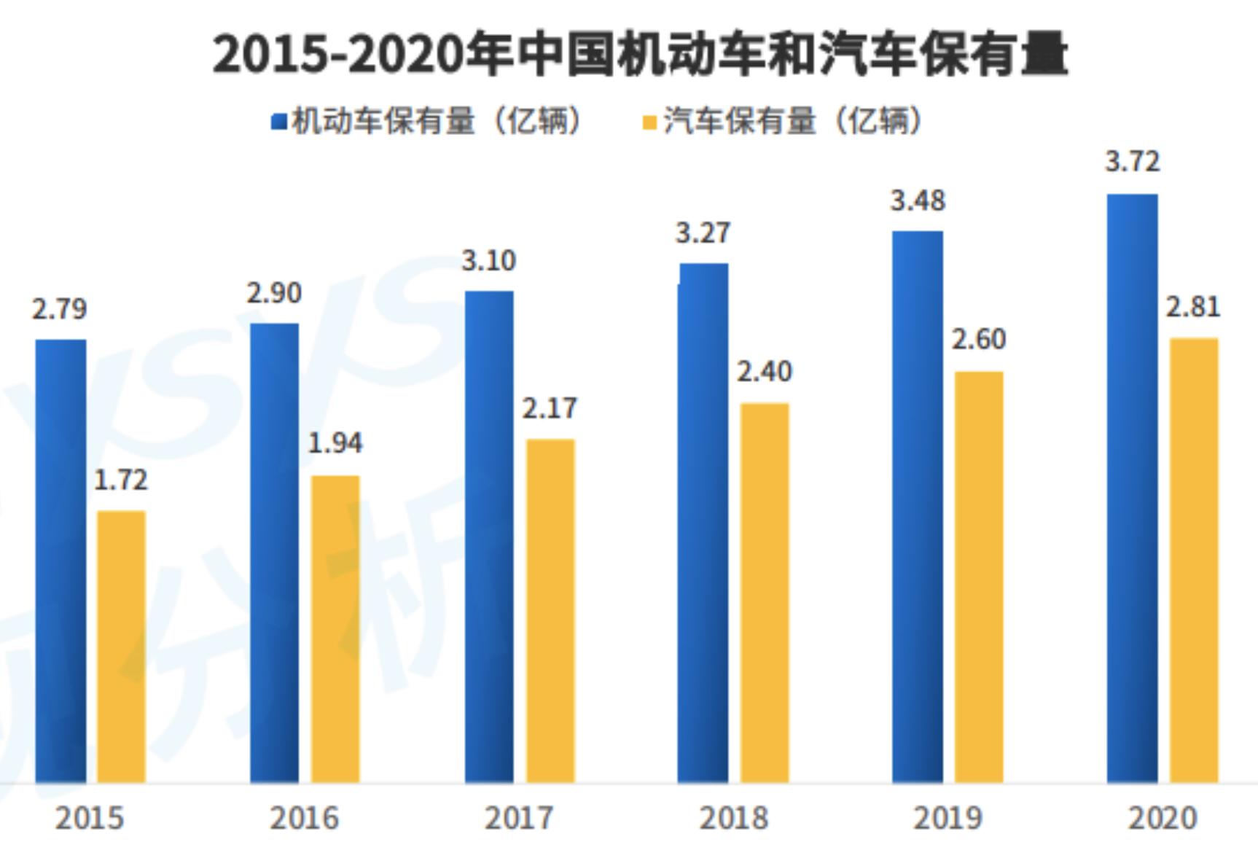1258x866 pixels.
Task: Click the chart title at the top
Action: tap(640, 55)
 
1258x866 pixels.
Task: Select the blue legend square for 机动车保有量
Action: tap(278, 121)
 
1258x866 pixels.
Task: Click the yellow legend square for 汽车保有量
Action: tap(649, 122)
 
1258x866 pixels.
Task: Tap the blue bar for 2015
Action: tap(60, 561)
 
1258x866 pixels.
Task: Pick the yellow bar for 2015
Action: tap(121, 647)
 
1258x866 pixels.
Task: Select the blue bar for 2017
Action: tap(489, 537)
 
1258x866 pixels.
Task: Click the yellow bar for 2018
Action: tap(765, 593)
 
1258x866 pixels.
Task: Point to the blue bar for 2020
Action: tap(1132, 488)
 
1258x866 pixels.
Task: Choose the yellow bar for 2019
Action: tap(979, 577)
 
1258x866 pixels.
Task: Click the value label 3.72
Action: tap(1132, 161)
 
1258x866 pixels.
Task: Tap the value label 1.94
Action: tap(335, 443)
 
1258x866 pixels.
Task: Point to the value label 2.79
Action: tap(59, 309)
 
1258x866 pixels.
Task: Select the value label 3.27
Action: tap(703, 233)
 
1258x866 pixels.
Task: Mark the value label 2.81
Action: tap(1192, 307)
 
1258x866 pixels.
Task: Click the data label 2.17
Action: tap(550, 408)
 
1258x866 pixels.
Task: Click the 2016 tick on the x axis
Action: tap(304, 818)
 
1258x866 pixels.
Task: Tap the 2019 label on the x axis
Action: tap(948, 818)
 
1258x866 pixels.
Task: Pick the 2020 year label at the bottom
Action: tap(1163, 818)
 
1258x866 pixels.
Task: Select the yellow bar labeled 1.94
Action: tap(335, 630)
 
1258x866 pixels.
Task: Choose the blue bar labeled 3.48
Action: tap(918, 507)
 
